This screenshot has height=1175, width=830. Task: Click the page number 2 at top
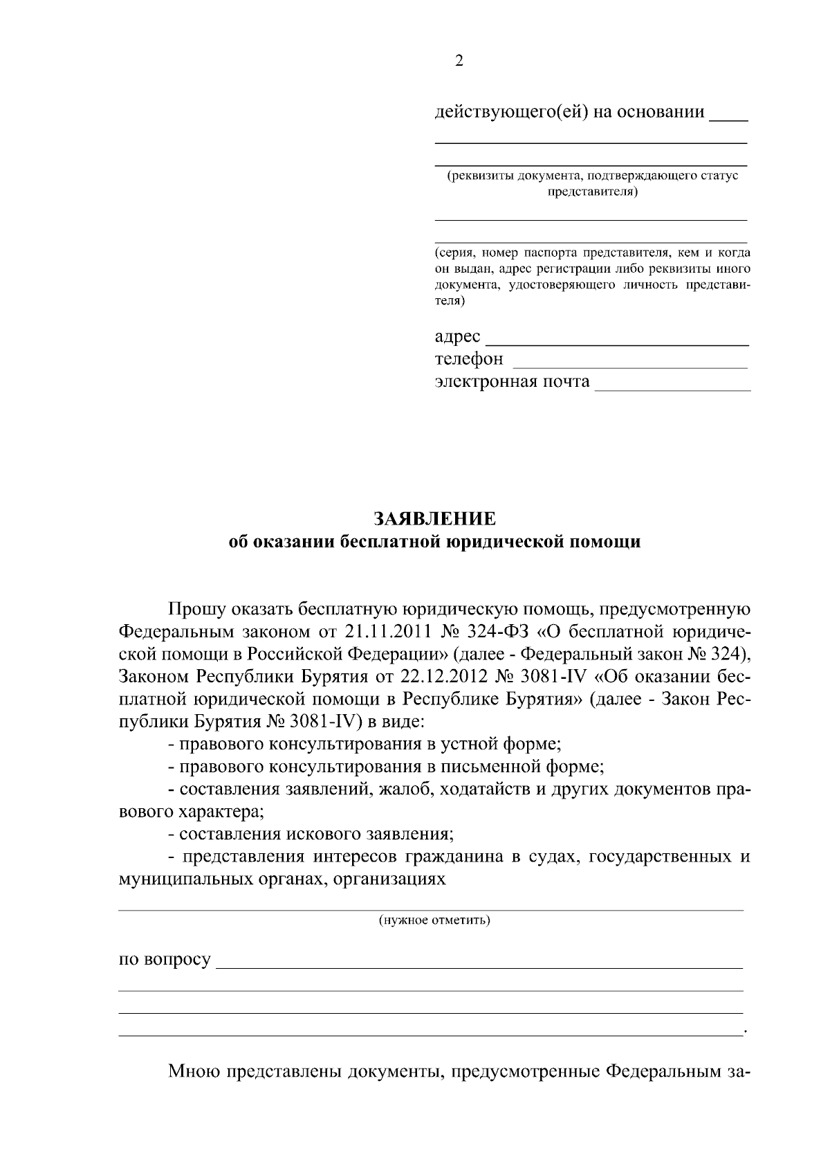[459, 61]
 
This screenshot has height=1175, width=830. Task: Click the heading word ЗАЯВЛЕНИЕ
[434, 519]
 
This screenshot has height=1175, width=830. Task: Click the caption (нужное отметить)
[434, 920]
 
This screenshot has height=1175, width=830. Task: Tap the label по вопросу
[165, 960]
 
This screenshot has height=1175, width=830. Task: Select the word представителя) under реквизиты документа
[593, 192]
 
